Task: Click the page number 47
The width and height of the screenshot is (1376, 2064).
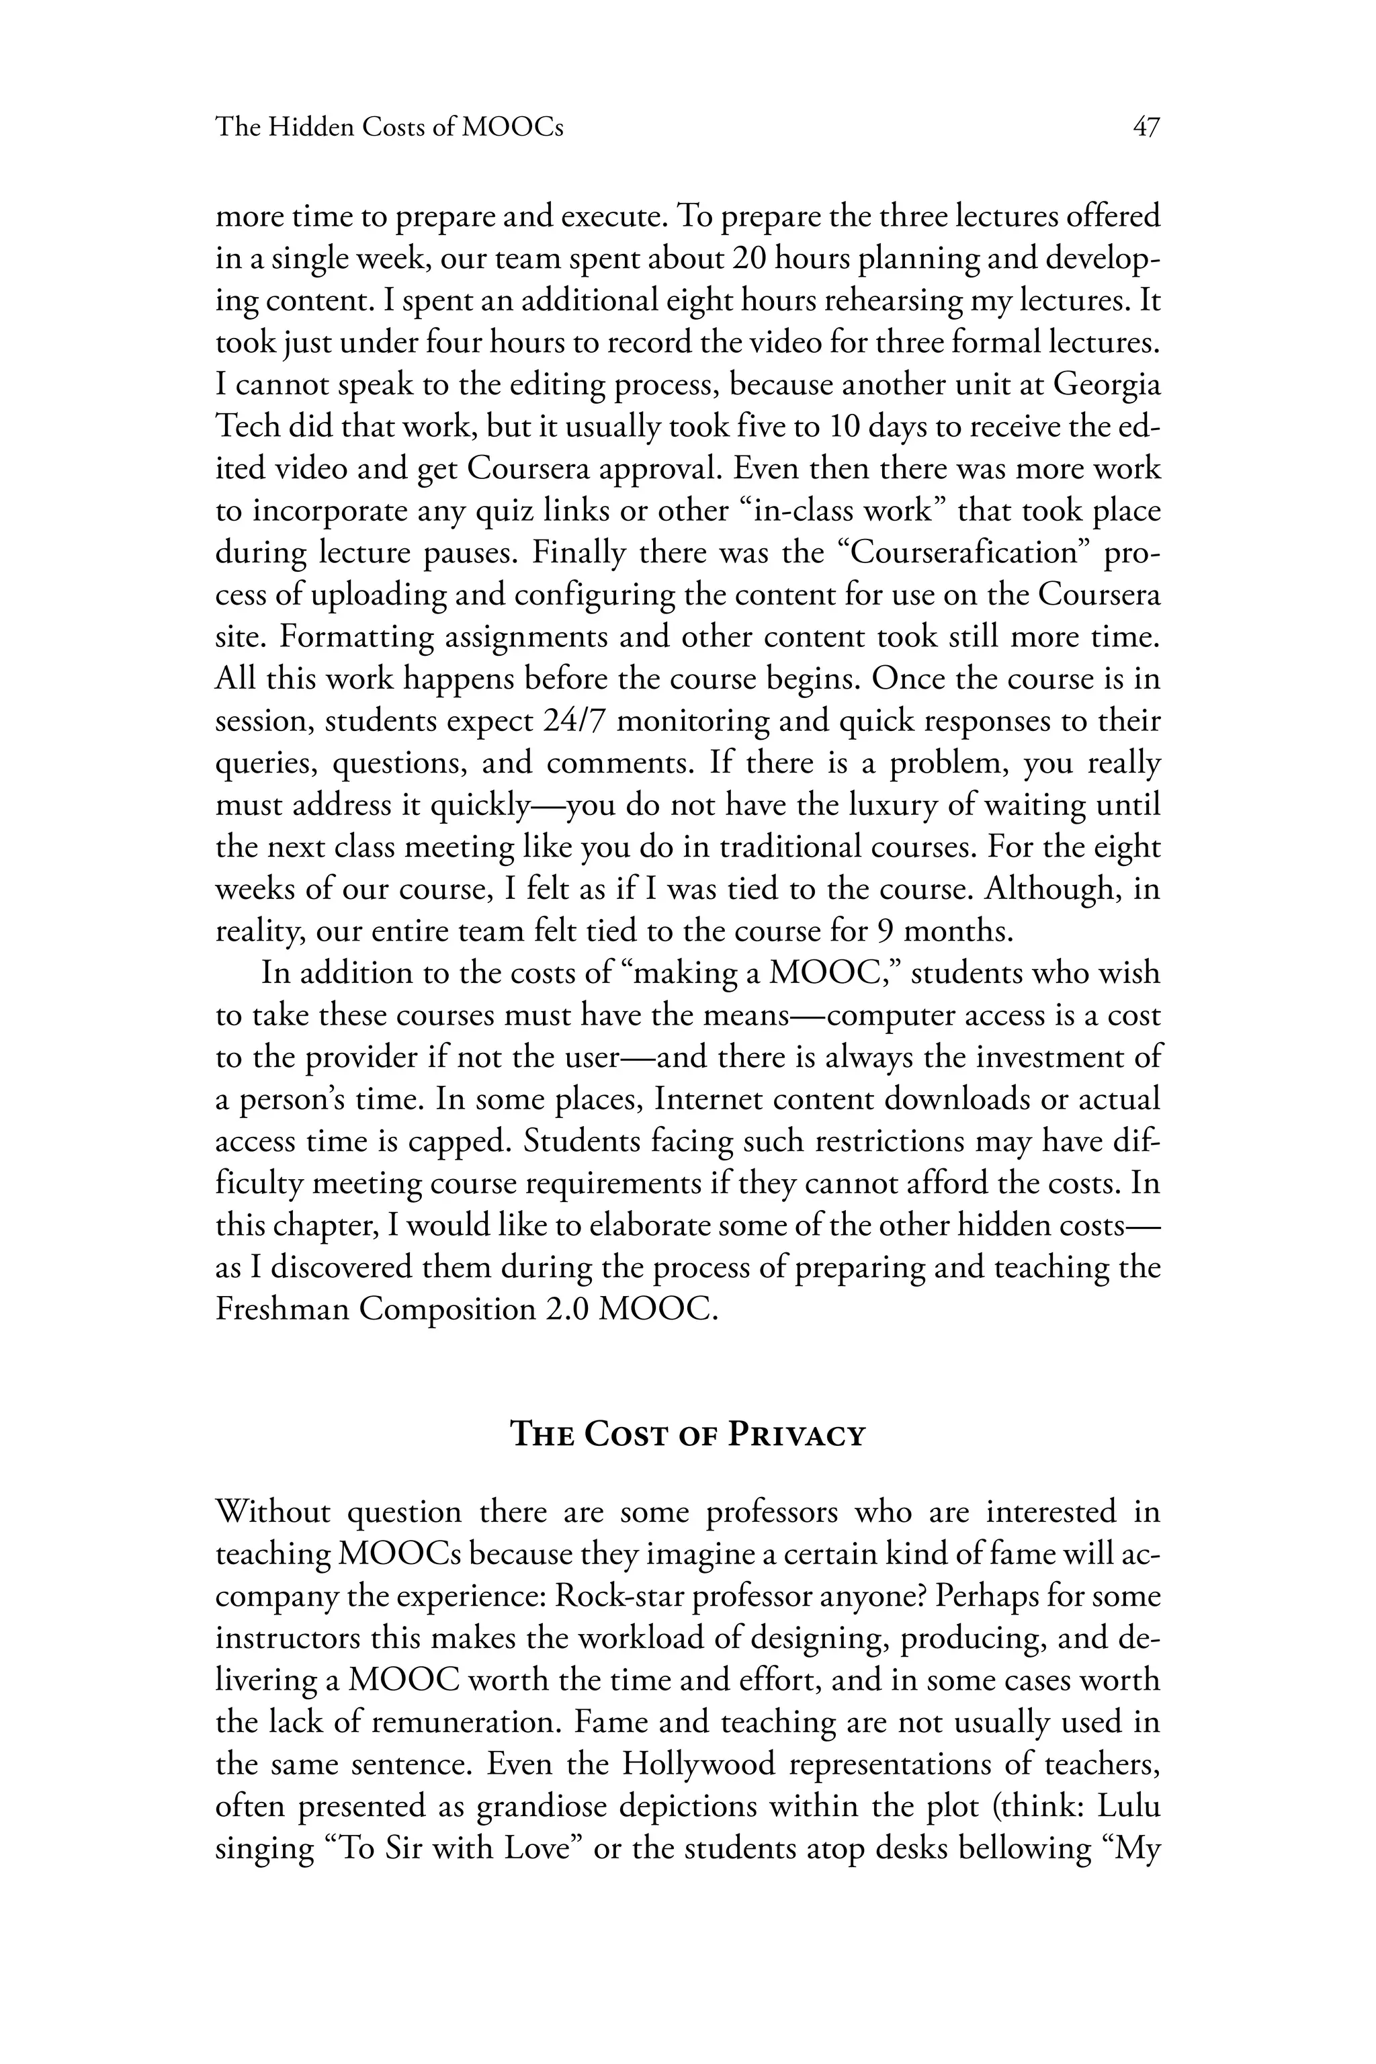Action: click(1146, 128)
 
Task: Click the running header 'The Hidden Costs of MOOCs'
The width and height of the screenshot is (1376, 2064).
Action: click(390, 128)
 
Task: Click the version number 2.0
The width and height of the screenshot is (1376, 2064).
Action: click(568, 1309)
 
